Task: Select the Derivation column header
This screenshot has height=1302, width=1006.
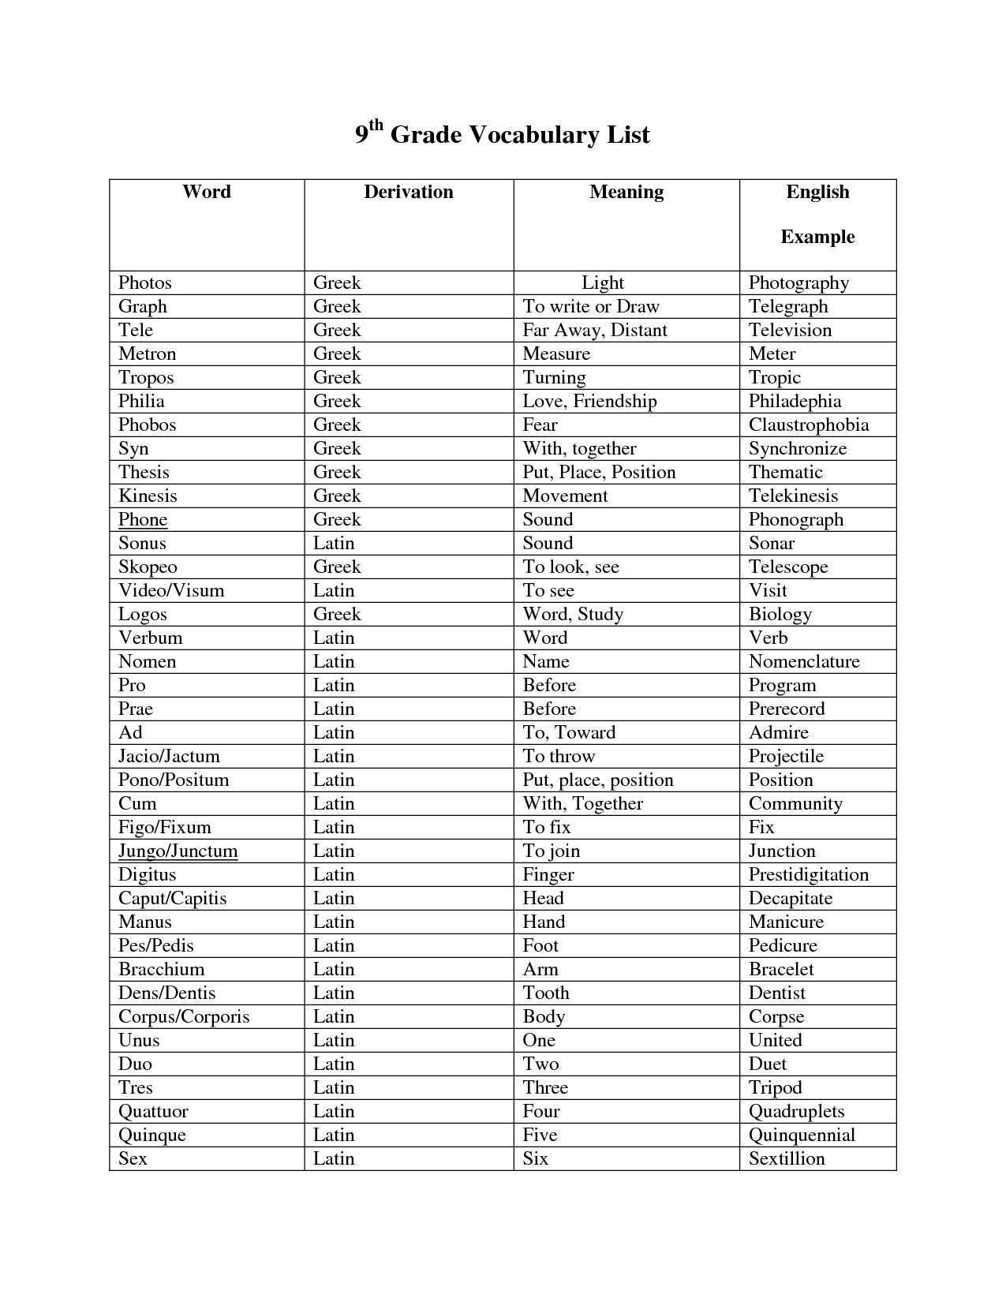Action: (408, 192)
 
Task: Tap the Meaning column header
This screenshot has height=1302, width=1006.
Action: (626, 192)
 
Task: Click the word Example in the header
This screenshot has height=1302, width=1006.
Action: (817, 237)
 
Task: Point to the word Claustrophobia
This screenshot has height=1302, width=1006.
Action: (808, 425)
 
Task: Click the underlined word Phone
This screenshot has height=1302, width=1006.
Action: (143, 519)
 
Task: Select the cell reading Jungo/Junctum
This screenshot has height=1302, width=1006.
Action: (178, 851)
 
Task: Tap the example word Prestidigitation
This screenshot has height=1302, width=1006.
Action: (808, 874)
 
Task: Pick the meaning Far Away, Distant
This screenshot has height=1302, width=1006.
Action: (594, 330)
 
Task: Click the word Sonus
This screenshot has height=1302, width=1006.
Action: (142, 543)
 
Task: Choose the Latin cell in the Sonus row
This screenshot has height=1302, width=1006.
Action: (334, 543)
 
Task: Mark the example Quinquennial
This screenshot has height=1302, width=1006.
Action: (802, 1135)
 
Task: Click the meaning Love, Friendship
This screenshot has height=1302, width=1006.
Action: (589, 401)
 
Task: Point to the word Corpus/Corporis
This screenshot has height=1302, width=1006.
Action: (184, 1016)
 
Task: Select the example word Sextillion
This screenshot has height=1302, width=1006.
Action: (787, 1158)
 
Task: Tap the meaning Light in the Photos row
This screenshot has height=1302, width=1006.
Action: (603, 282)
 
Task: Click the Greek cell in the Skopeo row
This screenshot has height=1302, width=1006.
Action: (337, 567)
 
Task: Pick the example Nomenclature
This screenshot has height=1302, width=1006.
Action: (804, 661)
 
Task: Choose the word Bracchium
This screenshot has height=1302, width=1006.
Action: (161, 969)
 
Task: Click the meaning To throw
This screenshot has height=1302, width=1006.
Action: (559, 756)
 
